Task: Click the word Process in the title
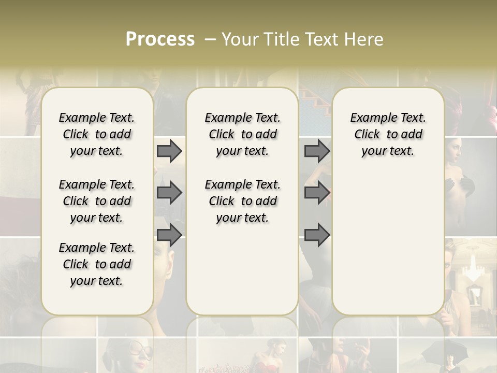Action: tap(160, 39)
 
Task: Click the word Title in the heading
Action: tap(280, 39)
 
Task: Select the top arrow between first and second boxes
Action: tap(169, 151)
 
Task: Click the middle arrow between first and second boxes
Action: tap(169, 193)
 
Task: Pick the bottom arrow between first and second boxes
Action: tap(169, 235)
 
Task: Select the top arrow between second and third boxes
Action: tap(317, 151)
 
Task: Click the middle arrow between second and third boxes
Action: tap(317, 193)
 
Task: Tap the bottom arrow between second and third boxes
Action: tap(317, 235)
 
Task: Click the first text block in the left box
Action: tap(97, 134)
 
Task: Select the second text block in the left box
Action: tap(97, 201)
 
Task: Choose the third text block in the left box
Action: tap(97, 264)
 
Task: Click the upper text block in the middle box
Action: tap(242, 134)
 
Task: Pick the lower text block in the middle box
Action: tap(242, 201)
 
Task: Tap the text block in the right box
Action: tap(388, 134)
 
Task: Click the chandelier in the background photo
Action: tap(474, 269)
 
